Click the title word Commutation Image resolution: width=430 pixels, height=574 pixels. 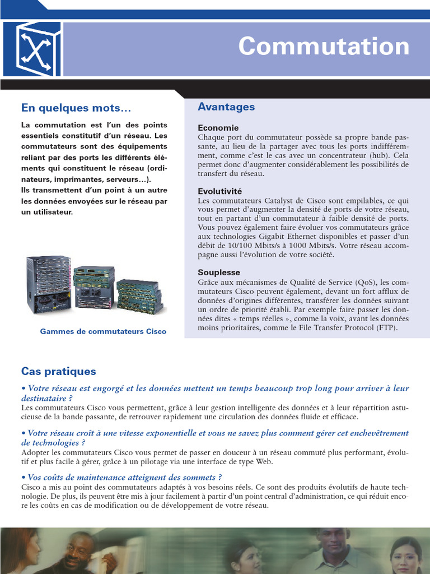coord(324,47)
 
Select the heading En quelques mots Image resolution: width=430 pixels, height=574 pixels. coord(76,107)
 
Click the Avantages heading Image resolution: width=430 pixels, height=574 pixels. coord(226,107)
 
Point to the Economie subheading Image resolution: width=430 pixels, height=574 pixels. coord(218,128)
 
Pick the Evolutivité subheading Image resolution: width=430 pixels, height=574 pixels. coord(220,191)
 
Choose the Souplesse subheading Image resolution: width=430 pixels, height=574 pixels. coord(219,272)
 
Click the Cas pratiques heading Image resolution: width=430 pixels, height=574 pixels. coord(59,371)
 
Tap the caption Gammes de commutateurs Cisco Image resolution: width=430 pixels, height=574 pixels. coord(103,331)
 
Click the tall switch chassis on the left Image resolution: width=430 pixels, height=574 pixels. coord(49,285)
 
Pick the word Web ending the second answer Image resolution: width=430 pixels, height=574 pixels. coord(264,461)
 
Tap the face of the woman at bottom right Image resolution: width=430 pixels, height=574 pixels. coord(404,556)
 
